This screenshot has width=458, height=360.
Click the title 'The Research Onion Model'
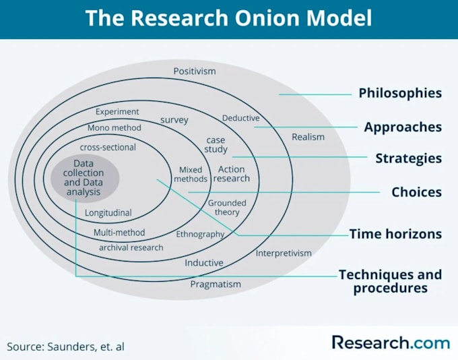[228, 18]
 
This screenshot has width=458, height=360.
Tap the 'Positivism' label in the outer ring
[194, 71]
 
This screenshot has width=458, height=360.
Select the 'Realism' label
[308, 137]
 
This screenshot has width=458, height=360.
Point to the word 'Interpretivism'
[284, 253]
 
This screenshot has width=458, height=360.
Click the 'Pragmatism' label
[215, 284]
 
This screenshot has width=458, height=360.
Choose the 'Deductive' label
[240, 118]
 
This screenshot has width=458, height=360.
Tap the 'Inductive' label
[204, 262]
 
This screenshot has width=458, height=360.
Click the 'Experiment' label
[117, 111]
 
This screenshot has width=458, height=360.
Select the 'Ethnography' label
[200, 234]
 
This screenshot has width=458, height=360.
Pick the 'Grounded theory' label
[227, 208]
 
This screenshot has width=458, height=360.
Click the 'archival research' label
[131, 247]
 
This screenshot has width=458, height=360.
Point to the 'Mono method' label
[115, 127]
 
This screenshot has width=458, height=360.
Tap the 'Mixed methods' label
[191, 175]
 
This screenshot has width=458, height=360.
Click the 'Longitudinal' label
[108, 213]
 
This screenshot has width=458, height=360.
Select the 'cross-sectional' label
[108, 147]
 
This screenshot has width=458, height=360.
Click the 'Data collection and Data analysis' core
[86, 178]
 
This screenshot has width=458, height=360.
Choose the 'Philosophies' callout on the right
[399, 93]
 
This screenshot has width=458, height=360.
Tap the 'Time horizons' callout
[395, 234]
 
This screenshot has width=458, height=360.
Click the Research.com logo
[391, 342]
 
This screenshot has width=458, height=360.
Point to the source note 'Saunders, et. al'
[66, 347]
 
